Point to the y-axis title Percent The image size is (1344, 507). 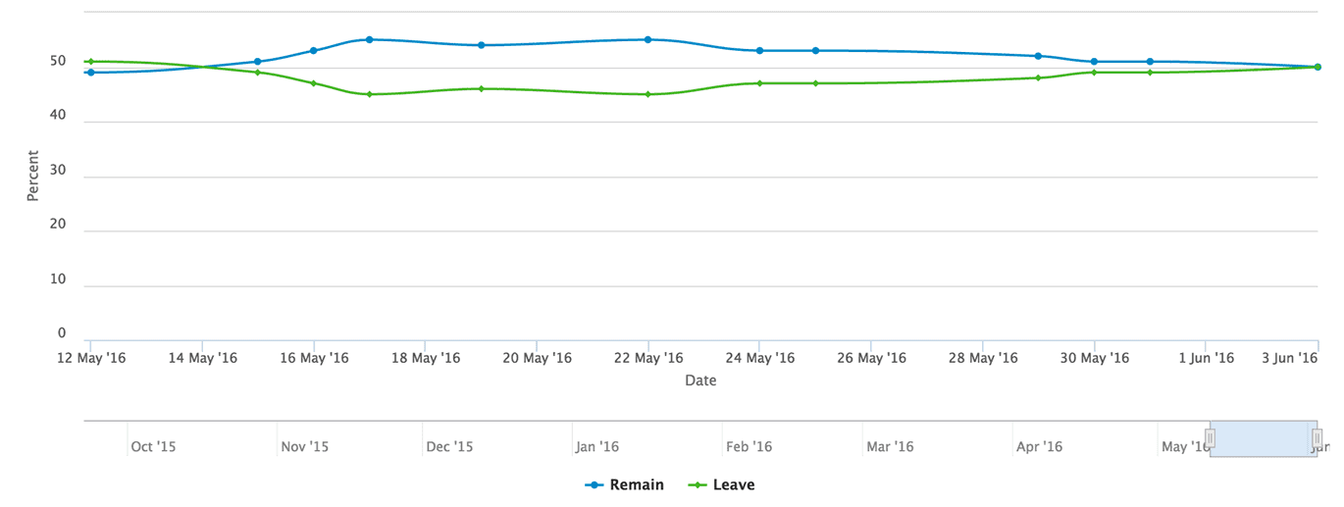32,176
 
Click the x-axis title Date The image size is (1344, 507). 700,380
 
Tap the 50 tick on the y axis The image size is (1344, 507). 59,61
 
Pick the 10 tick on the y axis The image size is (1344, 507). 59,279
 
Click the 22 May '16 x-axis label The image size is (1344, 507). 647,358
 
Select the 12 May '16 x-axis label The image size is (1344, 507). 90,358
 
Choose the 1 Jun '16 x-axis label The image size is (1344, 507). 1206,358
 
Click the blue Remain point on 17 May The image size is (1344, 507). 369,40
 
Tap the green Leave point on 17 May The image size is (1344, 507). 369,94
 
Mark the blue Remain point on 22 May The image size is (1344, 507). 647,40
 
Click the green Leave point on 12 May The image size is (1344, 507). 90,62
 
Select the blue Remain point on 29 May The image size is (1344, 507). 1038,56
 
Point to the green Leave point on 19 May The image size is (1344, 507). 481,88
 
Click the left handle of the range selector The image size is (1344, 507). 1211,437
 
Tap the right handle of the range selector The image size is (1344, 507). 1318,437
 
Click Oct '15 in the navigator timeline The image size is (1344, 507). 153,447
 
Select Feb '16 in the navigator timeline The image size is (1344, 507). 750,447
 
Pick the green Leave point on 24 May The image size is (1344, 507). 759,83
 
